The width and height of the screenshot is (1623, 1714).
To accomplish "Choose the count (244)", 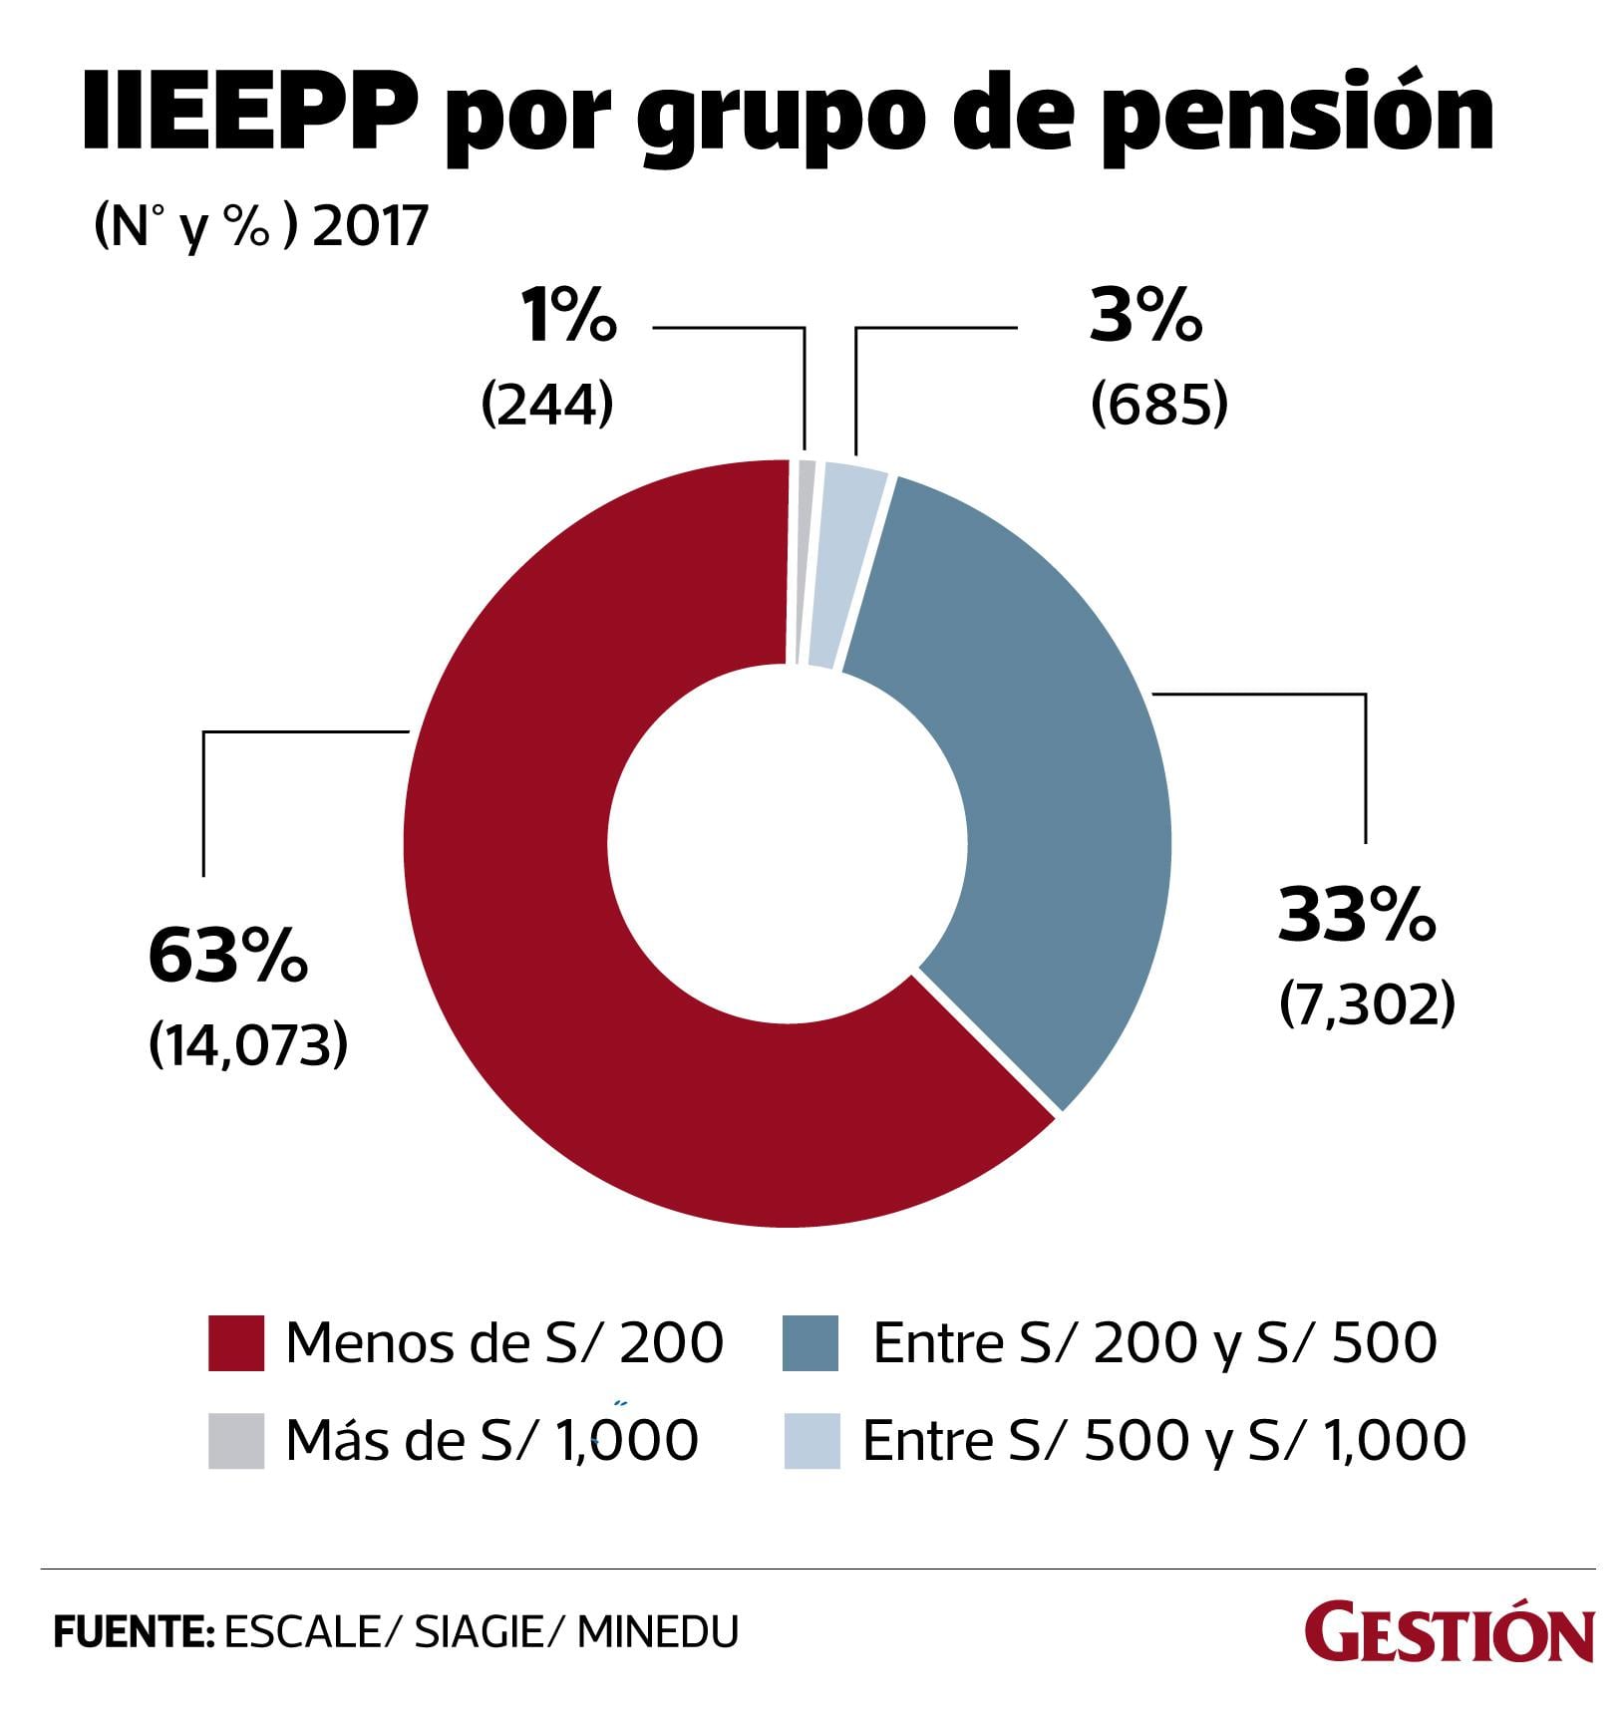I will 546,405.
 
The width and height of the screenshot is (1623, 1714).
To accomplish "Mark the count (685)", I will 1158,405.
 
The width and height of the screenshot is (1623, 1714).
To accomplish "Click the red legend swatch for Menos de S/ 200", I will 236,1343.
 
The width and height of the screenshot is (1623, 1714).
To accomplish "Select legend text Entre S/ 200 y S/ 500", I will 1154,1342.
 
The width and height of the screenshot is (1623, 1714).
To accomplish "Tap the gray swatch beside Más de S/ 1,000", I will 236,1440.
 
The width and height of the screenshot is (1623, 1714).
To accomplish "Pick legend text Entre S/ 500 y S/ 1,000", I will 1163,1440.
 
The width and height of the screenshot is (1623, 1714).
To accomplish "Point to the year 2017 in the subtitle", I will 370,226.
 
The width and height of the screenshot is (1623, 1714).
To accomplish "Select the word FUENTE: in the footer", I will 134,1632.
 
